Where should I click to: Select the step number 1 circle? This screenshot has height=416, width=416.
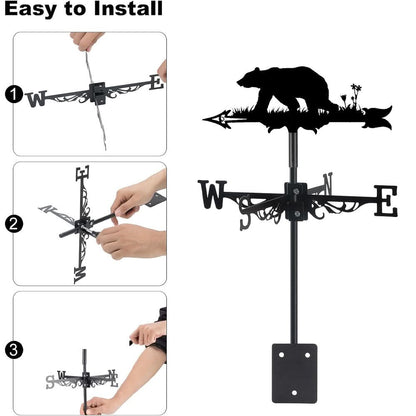13,95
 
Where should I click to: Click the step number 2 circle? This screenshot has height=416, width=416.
13,224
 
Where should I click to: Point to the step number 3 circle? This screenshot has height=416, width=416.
13,350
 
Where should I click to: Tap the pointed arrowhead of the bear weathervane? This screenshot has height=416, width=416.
213,120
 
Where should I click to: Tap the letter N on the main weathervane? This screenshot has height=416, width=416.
327,184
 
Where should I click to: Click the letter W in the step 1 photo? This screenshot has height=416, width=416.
37,98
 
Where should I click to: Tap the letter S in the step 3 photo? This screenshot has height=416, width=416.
50,381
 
